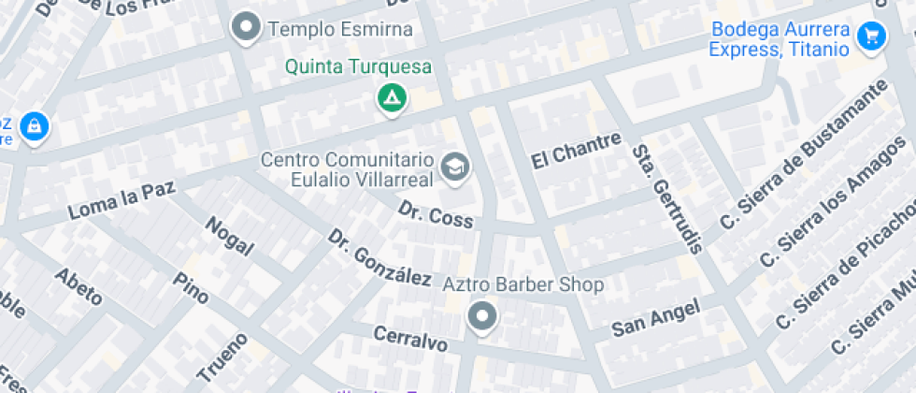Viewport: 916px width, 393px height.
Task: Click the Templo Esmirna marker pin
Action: click(x=247, y=29)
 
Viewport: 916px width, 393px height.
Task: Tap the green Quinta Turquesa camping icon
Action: click(x=391, y=97)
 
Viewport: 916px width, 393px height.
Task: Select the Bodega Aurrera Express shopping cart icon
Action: click(x=871, y=36)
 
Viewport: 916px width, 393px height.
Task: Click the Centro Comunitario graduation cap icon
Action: click(x=456, y=167)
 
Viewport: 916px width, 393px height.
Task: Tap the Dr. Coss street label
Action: click(x=436, y=214)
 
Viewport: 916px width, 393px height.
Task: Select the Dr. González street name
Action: click(x=379, y=257)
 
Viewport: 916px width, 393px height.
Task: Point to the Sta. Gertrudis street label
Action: click(x=666, y=198)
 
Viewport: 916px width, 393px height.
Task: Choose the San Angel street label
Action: click(x=656, y=317)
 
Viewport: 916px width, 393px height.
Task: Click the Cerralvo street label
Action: click(x=409, y=339)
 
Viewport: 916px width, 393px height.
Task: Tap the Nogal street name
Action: click(x=229, y=236)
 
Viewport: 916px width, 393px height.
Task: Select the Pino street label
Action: click(x=192, y=287)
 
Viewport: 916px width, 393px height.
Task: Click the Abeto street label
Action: click(x=79, y=286)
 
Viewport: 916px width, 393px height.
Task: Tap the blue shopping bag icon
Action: click(x=34, y=124)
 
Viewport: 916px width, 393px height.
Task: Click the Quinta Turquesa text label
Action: click(x=358, y=67)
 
